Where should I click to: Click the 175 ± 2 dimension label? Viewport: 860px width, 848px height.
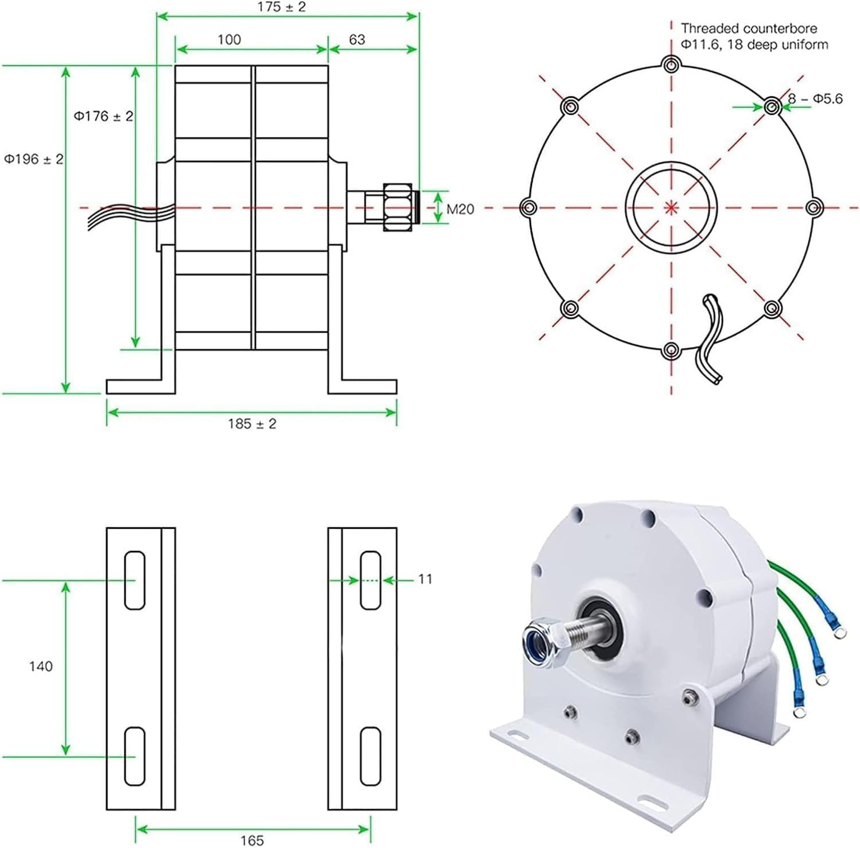(282, 7)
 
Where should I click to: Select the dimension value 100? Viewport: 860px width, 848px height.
(229, 40)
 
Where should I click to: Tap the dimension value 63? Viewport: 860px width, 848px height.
(357, 40)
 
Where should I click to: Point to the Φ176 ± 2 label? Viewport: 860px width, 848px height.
(103, 117)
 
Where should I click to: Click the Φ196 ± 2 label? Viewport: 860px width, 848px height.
(34, 159)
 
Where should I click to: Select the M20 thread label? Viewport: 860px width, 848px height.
(460, 209)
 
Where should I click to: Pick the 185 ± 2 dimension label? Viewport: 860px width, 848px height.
(251, 424)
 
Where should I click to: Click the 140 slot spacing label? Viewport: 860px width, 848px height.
(41, 666)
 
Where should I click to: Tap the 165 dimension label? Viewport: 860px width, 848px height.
(251, 841)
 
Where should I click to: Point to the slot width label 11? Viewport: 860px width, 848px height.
(425, 579)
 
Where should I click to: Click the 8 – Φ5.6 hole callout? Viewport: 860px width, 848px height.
(815, 99)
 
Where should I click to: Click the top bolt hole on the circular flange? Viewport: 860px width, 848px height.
(671, 64)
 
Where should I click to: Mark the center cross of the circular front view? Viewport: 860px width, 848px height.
(671, 207)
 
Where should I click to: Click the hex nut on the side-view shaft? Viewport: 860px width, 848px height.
(397, 207)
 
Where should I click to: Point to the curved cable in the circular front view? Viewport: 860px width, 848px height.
(709, 339)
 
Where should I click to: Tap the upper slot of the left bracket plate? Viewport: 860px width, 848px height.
(134, 580)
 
